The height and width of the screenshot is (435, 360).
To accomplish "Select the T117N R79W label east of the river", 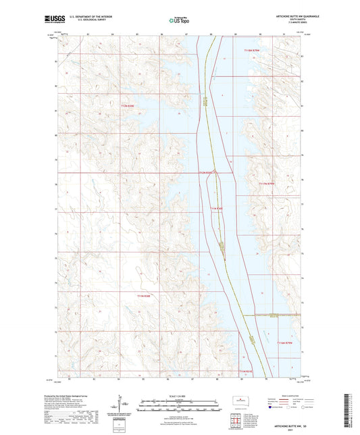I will pyautogui.click(x=267, y=182).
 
